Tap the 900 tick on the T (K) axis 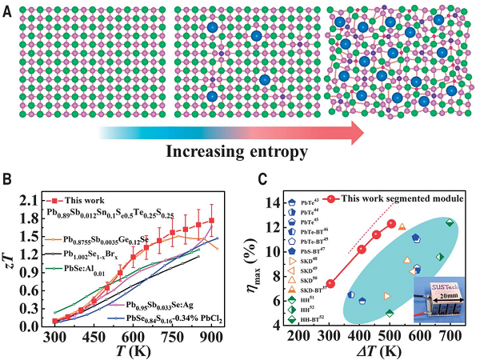[212, 335]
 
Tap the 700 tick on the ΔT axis [450, 334]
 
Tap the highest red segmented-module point [391, 224]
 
